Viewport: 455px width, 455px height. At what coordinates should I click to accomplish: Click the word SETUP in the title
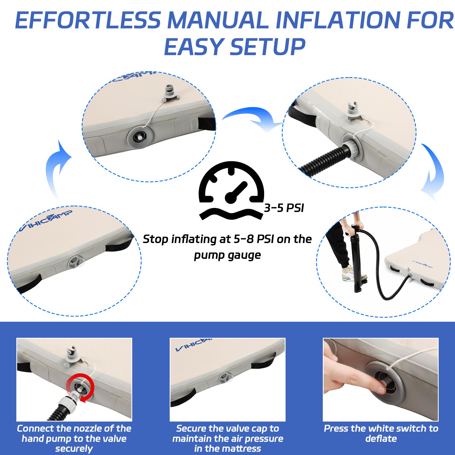[268, 47]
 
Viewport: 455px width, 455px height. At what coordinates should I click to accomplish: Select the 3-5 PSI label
[284, 208]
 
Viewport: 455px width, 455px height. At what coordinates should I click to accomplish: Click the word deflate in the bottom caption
[381, 438]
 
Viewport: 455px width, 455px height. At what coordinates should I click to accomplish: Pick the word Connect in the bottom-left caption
[36, 429]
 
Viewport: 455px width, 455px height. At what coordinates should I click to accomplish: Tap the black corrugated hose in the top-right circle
[324, 162]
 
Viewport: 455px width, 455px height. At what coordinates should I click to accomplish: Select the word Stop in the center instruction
[156, 239]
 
